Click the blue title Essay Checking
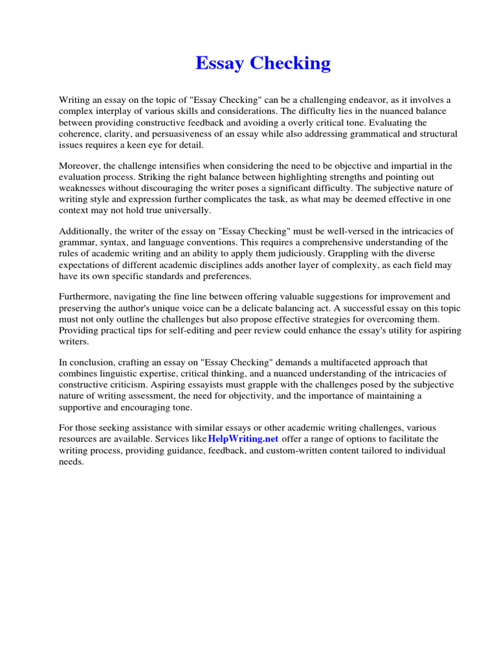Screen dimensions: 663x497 point(263,63)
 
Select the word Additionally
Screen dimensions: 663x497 point(87,232)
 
